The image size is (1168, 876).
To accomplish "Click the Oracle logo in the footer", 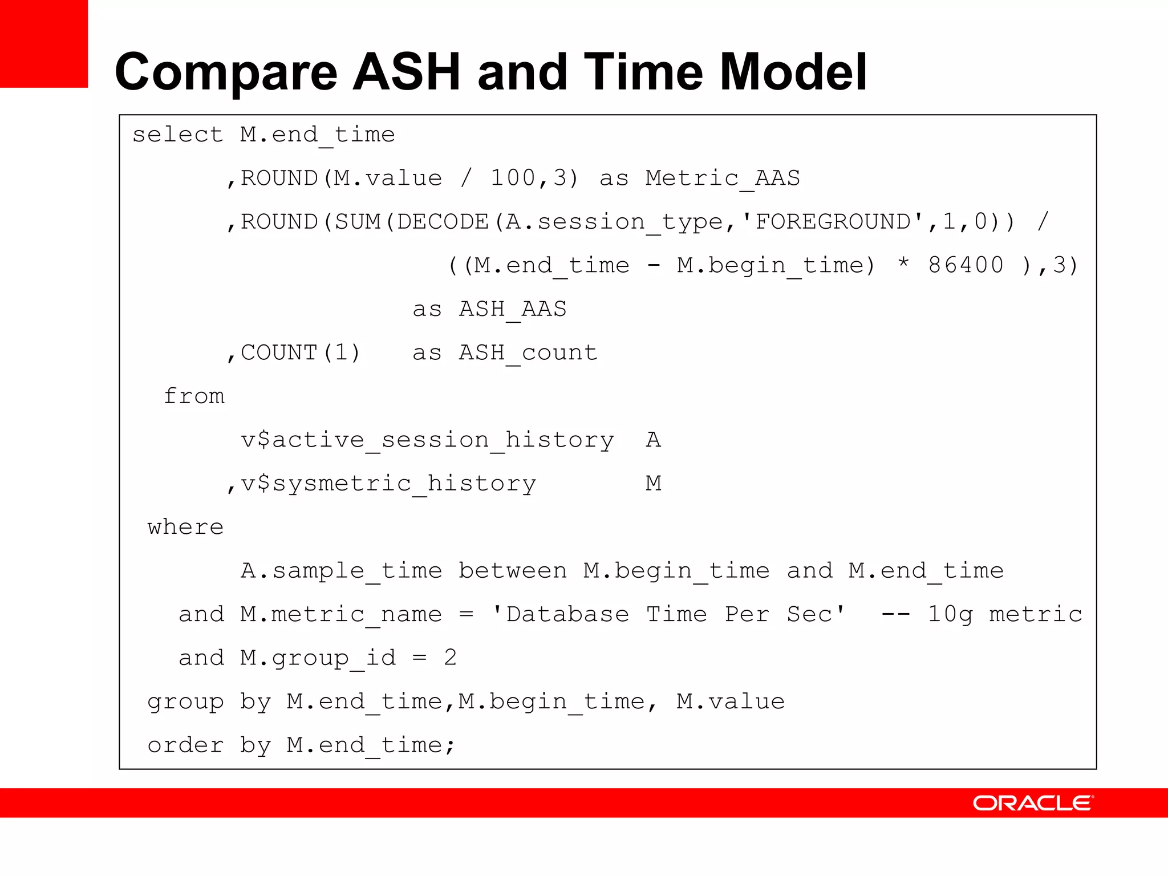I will (1033, 803).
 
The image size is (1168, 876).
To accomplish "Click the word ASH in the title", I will (406, 72).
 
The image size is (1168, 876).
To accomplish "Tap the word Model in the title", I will (793, 72).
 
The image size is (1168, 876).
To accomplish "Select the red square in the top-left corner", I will (44, 43).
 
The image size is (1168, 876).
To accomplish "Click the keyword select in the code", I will (177, 135).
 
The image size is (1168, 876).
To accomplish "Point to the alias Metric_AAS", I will (723, 179).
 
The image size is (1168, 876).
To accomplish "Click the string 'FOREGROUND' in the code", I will (833, 222).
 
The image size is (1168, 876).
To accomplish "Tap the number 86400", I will (966, 265).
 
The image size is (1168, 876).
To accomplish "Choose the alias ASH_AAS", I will (513, 309).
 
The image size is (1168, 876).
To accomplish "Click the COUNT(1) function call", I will (301, 353).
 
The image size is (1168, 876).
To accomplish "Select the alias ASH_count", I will (528, 353).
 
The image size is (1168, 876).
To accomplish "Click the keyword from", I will (194, 396).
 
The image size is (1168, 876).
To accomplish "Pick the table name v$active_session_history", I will (427, 440).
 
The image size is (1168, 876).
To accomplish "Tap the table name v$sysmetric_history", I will (388, 484).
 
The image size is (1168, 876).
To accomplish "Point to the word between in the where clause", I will (513, 571).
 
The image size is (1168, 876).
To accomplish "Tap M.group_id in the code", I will (318, 658).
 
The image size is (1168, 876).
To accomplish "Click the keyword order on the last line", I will (185, 745).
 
